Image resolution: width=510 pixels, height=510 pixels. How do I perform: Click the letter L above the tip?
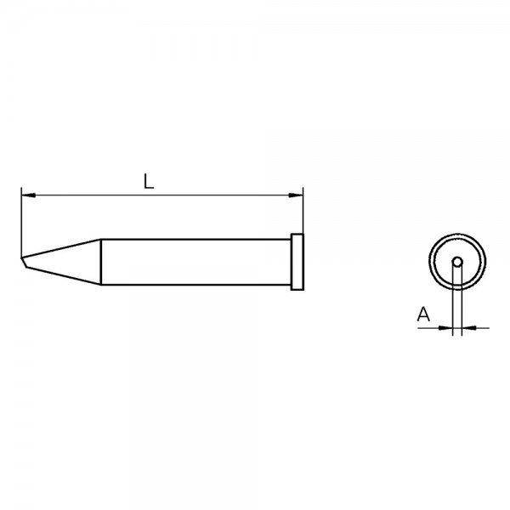click(148, 181)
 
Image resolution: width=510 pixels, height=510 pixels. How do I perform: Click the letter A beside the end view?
click(423, 315)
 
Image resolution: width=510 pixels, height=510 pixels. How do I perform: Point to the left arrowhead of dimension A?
click(447, 326)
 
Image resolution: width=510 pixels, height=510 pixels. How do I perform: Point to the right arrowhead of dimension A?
click(468, 326)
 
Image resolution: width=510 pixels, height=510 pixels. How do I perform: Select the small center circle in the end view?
click(457, 262)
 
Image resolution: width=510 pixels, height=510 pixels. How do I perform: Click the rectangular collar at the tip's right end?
click(297, 262)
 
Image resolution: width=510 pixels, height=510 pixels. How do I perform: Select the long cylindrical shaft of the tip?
click(195, 262)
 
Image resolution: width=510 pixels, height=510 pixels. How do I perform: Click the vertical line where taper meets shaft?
click(102, 262)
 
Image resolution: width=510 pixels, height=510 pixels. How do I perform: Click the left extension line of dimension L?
click(20, 221)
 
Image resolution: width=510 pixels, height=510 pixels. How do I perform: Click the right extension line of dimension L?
click(303, 212)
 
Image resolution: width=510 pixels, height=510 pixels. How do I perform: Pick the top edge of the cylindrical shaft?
click(195, 239)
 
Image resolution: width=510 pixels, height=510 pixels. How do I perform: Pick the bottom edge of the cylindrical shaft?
click(195, 285)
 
